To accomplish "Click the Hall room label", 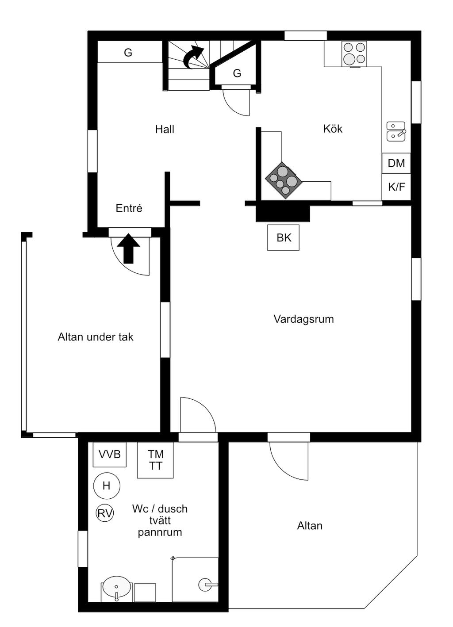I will (x=165, y=129).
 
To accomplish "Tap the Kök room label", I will (x=333, y=129).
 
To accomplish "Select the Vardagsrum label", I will (x=303, y=319).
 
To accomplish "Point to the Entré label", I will (x=129, y=208).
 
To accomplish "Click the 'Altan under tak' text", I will (x=96, y=337).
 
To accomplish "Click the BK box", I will (x=284, y=238).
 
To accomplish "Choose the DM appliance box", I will (x=396, y=163).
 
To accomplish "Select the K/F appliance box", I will (x=396, y=187).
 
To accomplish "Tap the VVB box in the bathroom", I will (x=109, y=455).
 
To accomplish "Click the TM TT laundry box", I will (x=155, y=460).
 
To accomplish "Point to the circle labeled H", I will (x=107, y=486).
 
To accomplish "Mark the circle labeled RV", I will (x=105, y=513).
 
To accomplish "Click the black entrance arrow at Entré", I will (x=129, y=249).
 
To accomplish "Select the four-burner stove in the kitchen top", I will (x=354, y=54).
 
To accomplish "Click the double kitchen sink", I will (x=395, y=131).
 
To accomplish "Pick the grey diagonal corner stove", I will (x=284, y=180).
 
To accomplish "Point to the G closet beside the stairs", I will (x=237, y=73).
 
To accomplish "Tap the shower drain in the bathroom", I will (x=205, y=585).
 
